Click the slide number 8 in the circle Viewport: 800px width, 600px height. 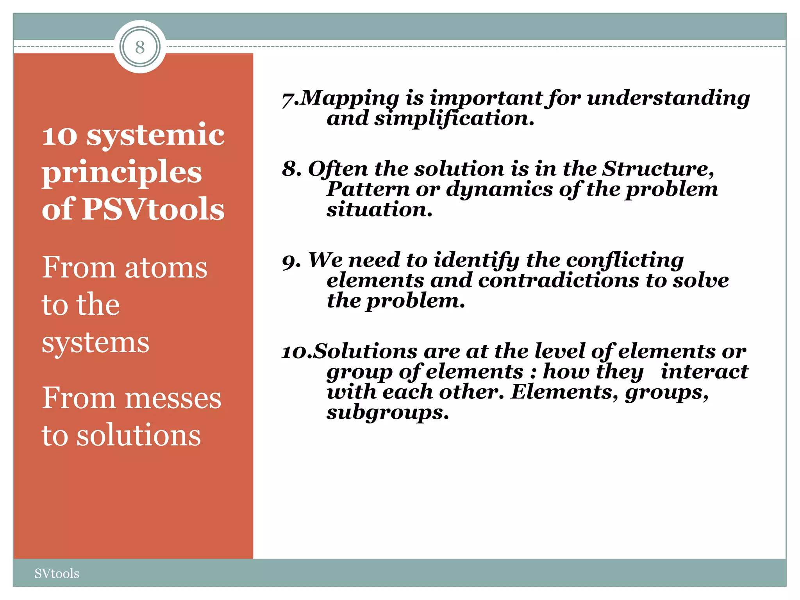tap(140, 47)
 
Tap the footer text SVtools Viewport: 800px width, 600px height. tap(57, 573)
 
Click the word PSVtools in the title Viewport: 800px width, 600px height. tap(153, 209)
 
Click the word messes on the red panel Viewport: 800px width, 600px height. tap(173, 398)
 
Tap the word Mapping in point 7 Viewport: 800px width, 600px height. tap(350, 98)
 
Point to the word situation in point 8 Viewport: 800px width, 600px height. tap(379, 209)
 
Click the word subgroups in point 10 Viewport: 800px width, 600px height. tap(387, 412)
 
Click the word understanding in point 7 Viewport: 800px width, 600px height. tap(668, 98)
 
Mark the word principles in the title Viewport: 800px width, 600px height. tap(122, 172)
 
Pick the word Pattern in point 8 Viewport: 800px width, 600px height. tap(368, 189)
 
